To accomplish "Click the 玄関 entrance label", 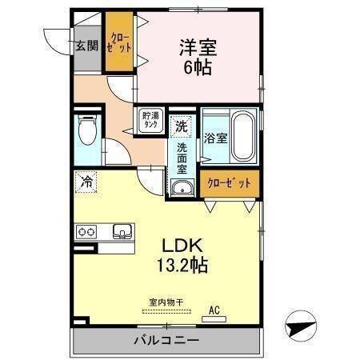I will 86,45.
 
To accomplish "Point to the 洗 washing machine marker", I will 182,126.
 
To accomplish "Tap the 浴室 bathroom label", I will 215,138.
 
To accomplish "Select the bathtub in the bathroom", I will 242,137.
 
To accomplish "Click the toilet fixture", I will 86,133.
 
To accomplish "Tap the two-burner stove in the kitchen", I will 86,232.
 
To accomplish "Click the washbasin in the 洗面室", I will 182,189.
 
